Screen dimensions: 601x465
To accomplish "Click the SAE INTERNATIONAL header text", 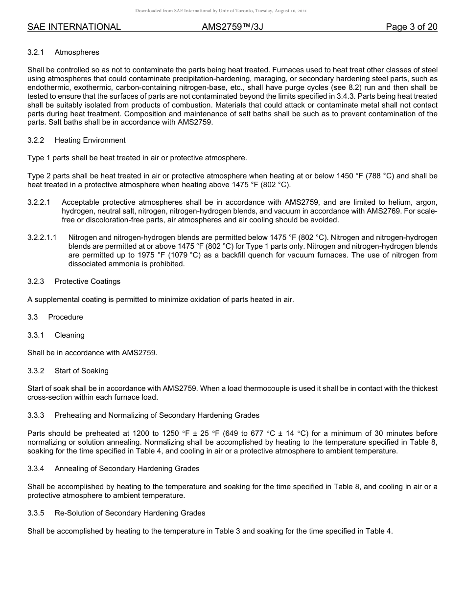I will click(x=74, y=27).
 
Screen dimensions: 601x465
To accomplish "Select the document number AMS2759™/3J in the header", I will click(x=232, y=27).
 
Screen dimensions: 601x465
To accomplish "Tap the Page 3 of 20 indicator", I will click(x=411, y=27).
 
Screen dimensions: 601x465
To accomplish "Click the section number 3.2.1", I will click(x=36, y=52).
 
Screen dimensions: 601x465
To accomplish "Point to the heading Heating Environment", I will click(x=90, y=140).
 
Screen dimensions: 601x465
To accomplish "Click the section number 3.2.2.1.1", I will click(x=42, y=237).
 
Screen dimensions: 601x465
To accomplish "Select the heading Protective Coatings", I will click(x=87, y=281).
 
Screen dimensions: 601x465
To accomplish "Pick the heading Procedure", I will click(x=66, y=317).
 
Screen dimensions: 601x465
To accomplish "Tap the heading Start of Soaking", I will click(x=82, y=371).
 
